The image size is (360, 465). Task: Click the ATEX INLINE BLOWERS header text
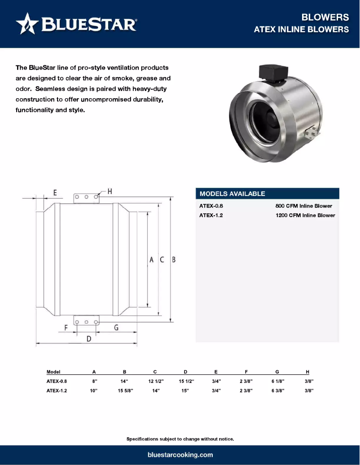(301, 30)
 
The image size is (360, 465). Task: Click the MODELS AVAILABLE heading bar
(268, 194)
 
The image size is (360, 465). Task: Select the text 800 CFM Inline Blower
(303, 206)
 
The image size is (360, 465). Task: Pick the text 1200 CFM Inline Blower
(305, 215)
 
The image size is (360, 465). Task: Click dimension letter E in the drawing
(55, 193)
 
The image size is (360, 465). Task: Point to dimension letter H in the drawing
(109, 191)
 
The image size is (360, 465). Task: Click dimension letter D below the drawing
(89, 339)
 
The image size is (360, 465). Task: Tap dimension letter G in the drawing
(116, 328)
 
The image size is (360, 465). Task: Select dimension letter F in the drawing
(66, 328)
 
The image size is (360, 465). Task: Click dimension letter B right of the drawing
(173, 260)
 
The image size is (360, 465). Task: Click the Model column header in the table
(53, 372)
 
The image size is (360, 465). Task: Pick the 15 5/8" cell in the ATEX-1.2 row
(124, 391)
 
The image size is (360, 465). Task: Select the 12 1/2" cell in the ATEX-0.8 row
(155, 381)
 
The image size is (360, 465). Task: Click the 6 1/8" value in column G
(277, 381)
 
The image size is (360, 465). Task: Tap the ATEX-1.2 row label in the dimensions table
(57, 391)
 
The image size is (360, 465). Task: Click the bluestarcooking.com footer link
(180, 455)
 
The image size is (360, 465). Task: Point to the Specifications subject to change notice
(180, 439)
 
